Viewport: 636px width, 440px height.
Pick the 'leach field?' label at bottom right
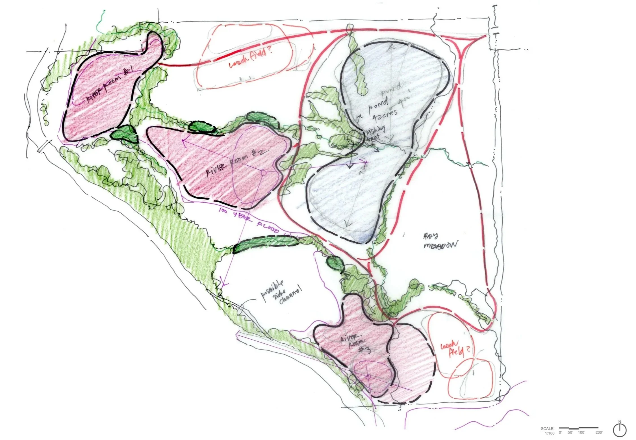(x=455, y=351)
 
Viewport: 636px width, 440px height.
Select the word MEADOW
(x=441, y=245)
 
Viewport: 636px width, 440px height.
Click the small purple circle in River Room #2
(x=263, y=173)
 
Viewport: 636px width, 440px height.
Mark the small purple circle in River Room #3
(x=368, y=377)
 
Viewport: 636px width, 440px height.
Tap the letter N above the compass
(x=620, y=422)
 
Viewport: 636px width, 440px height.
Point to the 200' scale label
(x=599, y=432)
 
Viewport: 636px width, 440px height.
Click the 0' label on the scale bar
(x=560, y=432)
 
